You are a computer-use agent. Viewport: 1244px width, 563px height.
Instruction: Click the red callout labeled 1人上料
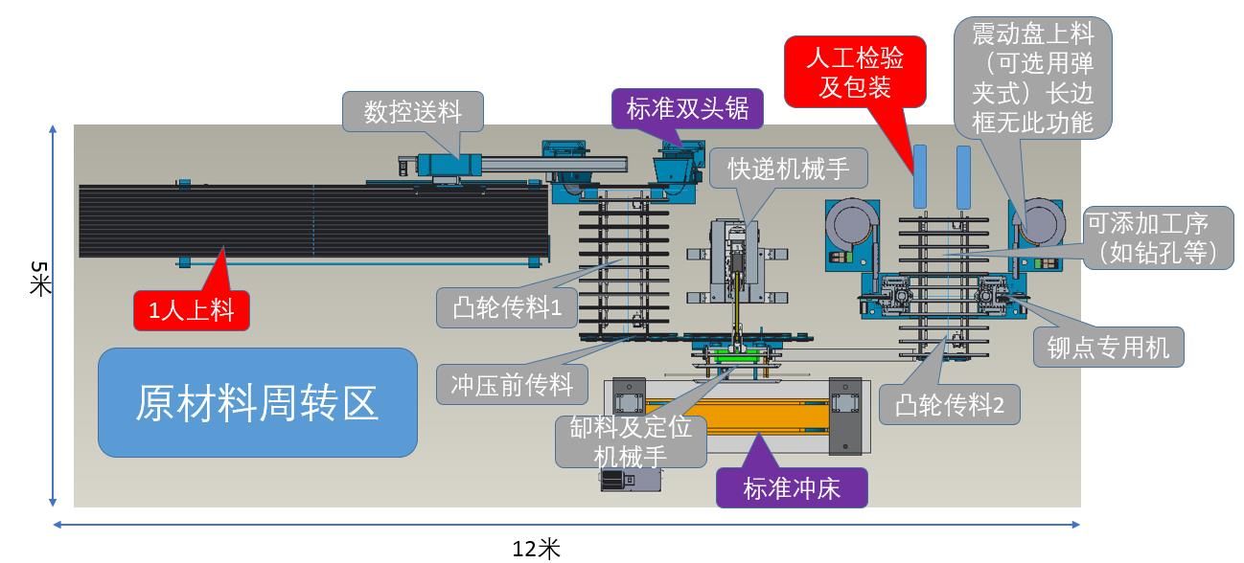pos(192,310)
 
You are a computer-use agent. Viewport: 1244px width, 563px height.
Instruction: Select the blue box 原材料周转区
pos(257,402)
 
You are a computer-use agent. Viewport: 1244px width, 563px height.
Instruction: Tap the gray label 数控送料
pos(412,111)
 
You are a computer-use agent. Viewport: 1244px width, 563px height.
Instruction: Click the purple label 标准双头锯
pos(687,108)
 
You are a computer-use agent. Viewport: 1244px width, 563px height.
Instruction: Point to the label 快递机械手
pos(788,169)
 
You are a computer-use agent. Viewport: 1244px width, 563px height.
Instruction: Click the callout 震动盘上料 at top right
pos(1032,77)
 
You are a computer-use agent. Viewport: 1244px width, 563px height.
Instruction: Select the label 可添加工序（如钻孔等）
pos(1158,238)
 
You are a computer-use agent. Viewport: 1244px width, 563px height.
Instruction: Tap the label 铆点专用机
pos(1108,347)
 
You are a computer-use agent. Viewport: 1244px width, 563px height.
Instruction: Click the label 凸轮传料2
pos(949,405)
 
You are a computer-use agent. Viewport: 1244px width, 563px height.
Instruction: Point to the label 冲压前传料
pos(512,385)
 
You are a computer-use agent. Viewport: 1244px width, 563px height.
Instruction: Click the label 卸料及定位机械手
pos(630,441)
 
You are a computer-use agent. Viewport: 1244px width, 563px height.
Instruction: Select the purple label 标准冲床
pos(792,488)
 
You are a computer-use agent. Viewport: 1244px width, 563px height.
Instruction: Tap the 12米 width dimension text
pos(536,549)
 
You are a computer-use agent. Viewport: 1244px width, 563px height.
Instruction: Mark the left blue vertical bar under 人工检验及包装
pos(920,176)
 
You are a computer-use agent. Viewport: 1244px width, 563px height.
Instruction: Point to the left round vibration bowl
pos(849,225)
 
